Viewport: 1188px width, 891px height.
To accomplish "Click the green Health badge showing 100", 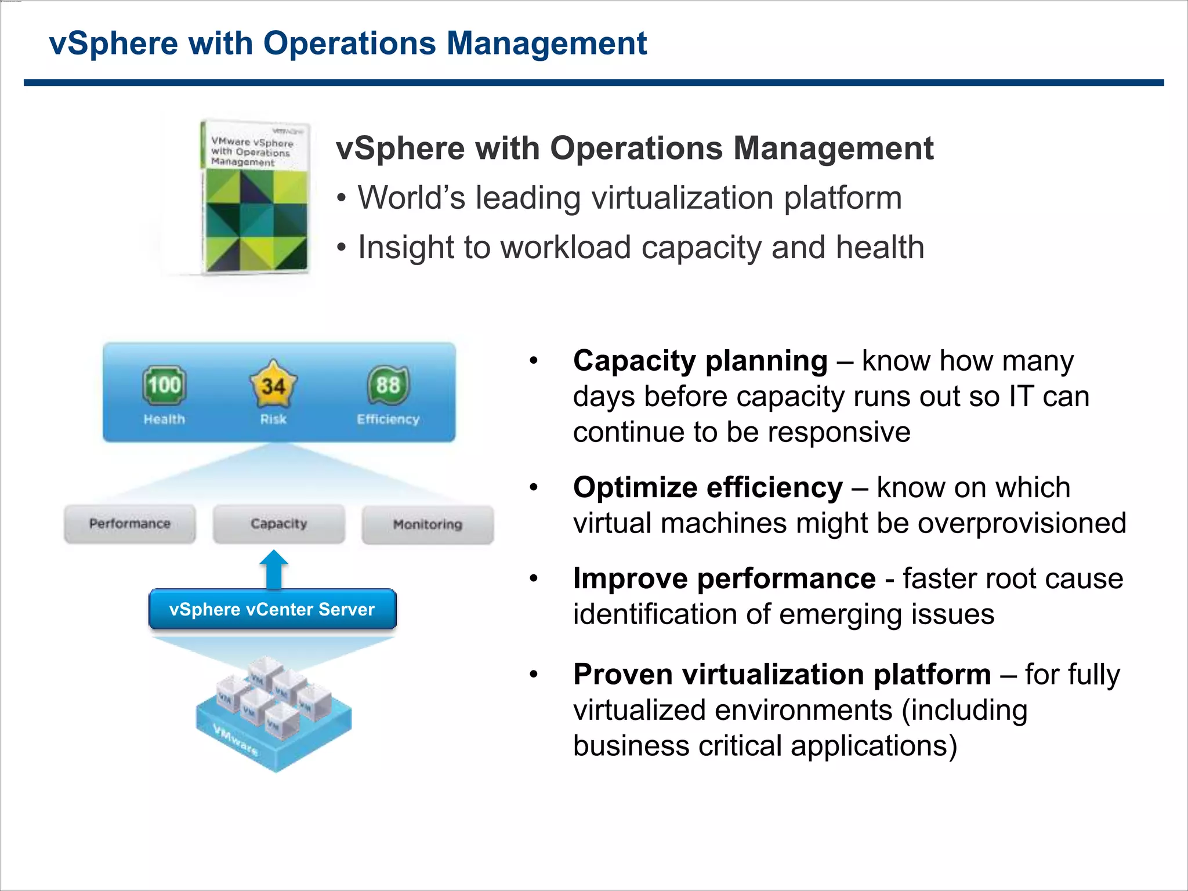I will (x=164, y=385).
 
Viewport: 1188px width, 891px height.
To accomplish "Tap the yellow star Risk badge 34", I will (x=273, y=385).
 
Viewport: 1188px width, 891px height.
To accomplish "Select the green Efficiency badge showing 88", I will (x=388, y=385).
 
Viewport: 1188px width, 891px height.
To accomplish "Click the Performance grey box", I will (x=130, y=524).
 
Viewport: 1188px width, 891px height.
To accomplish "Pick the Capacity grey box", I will (x=279, y=524).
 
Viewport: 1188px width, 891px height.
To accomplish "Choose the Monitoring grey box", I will (x=428, y=524).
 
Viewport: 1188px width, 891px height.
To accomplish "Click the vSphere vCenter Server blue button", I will (x=273, y=609).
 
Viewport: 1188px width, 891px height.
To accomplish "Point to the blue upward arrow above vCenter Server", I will (x=274, y=569).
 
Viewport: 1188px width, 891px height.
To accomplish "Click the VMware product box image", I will (x=255, y=197).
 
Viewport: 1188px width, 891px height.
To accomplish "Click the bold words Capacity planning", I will (x=700, y=361).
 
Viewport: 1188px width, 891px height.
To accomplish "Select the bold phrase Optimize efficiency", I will (x=708, y=487).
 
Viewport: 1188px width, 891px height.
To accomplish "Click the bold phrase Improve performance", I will (x=724, y=578).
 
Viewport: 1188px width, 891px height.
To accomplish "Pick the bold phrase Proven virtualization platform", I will (x=782, y=674).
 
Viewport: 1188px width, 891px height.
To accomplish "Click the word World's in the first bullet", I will (x=411, y=198).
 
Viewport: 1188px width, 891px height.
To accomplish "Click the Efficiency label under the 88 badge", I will (x=388, y=419).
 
